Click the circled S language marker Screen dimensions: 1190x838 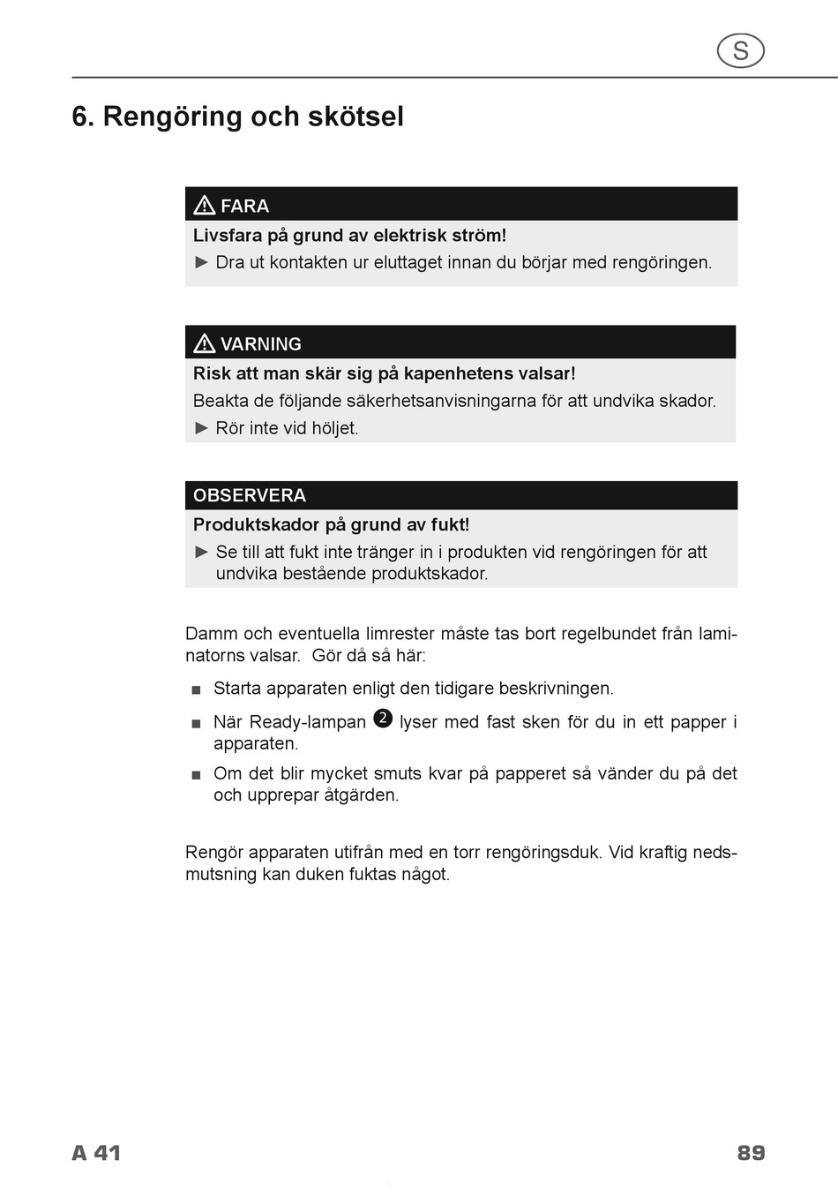click(740, 51)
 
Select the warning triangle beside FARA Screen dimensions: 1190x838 click(205, 206)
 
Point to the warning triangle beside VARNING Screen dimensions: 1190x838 click(205, 343)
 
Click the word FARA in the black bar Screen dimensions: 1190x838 click(244, 207)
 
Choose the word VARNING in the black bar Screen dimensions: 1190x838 click(260, 344)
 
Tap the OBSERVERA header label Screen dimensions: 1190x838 click(250, 495)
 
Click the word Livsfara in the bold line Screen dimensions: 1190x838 click(228, 236)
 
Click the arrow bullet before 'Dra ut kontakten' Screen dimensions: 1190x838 click(202, 262)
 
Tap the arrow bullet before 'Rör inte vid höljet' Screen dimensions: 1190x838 click(202, 428)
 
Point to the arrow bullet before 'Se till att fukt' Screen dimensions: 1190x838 click(202, 552)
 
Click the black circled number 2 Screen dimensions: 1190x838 click(383, 719)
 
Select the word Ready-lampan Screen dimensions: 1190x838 click(289, 722)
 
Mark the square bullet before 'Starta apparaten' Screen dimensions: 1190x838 click(196, 689)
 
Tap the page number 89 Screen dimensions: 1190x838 click(751, 1153)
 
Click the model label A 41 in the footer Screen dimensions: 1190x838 click(96, 1153)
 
